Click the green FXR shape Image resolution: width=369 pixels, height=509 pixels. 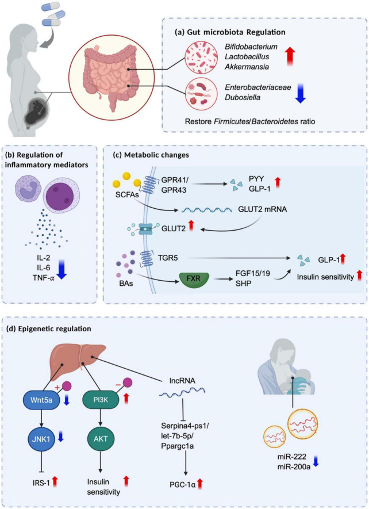tap(194, 279)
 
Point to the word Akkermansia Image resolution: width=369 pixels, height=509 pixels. tap(247, 67)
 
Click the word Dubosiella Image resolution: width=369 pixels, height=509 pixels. tap(243, 97)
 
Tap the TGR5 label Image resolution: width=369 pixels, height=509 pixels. tap(168, 258)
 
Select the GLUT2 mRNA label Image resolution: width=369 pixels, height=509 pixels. tap(263, 209)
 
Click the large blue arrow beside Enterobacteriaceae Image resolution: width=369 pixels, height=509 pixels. tap(300, 93)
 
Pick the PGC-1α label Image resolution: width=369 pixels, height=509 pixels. tap(182, 485)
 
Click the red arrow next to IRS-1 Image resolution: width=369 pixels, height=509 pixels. tap(55, 481)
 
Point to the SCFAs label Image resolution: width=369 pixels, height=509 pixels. tap(126, 195)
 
